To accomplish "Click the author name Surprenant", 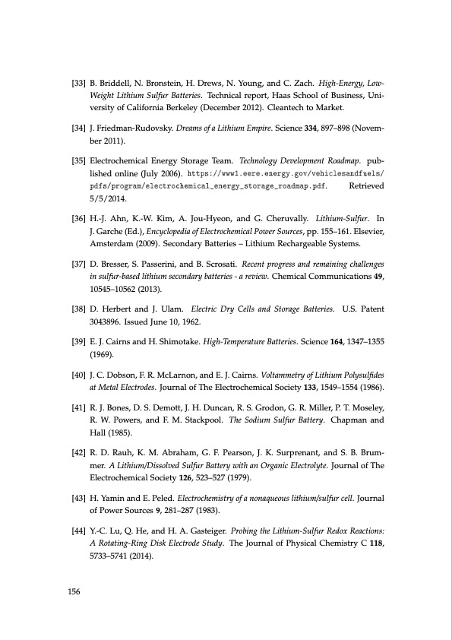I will point(302,452).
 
